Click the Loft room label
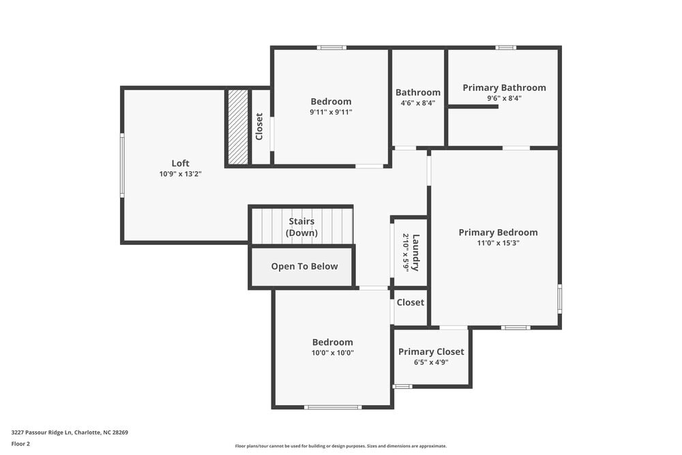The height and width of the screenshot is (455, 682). tap(180, 163)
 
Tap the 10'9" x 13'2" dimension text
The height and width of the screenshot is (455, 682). tap(180, 174)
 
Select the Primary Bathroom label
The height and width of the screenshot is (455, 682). tap(504, 87)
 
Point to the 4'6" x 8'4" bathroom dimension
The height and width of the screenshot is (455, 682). tap(417, 103)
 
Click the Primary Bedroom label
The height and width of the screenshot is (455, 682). tap(498, 232)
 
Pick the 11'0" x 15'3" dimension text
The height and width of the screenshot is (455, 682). tap(498, 243)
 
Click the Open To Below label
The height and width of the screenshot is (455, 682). tap(304, 266)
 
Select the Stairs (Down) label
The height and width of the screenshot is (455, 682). tap(302, 227)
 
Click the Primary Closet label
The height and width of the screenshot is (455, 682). tap(431, 351)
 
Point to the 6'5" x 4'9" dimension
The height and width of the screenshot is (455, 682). tap(431, 362)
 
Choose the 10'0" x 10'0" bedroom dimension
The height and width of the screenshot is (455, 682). tap(333, 353)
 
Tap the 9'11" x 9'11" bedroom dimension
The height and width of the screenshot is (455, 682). tap(331, 112)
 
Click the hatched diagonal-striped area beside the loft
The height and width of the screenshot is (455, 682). tap(238, 127)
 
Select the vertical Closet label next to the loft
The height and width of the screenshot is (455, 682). tap(259, 127)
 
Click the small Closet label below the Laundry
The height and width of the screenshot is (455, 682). tap(410, 302)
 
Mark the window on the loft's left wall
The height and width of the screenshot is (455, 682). tap(122, 165)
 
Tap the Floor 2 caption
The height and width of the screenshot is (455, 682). tap(20, 443)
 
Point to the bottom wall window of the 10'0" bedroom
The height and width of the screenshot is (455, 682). tap(333, 407)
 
